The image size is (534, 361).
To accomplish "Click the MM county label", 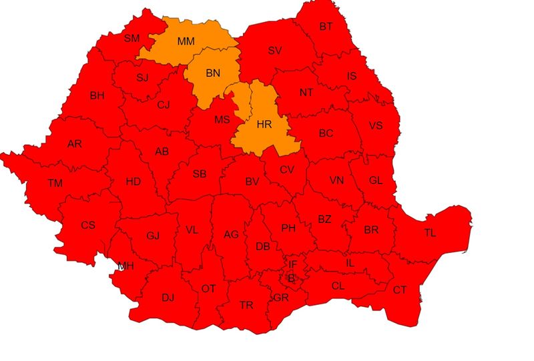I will coord(186,41).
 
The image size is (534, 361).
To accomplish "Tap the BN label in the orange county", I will coord(213,73).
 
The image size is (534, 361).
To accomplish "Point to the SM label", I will coord(131,38).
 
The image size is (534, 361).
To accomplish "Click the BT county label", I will coord(326,27).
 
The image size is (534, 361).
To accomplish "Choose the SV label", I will coord(275,50).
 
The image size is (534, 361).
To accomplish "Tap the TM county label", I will coord(55,183).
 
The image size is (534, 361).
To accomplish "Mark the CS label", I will coord(88,225).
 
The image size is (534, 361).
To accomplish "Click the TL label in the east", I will coord(430,233).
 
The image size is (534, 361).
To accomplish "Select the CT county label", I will coord(399,290).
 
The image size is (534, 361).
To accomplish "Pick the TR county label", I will coord(246,305).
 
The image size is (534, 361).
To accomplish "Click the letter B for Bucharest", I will coord(291,278).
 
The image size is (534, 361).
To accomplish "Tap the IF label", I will coord(292,265).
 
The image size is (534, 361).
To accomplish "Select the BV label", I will coord(252,182).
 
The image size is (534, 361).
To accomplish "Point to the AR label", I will coord(75,143).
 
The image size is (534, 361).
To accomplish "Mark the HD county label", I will coord(133,182).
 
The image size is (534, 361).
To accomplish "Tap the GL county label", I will coord(376,180).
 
